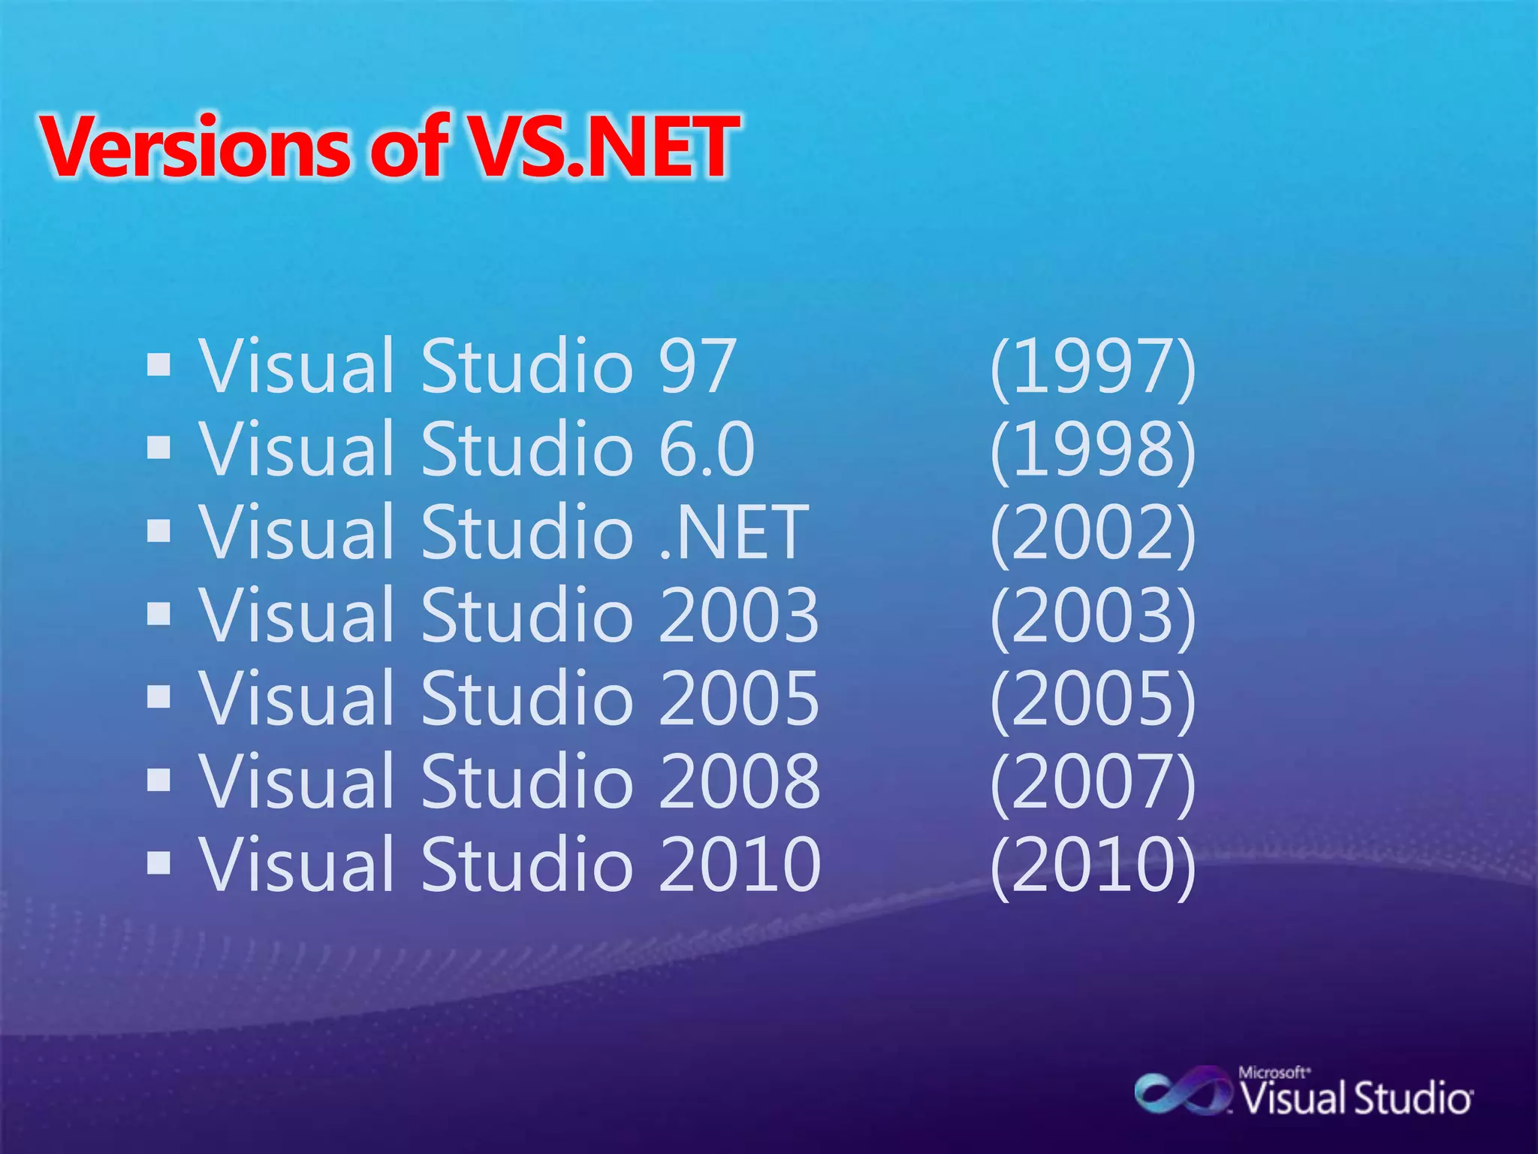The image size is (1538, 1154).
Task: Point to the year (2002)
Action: click(x=1093, y=533)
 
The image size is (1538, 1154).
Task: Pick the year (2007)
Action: click(x=1093, y=782)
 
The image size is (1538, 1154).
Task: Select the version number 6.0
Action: click(x=706, y=449)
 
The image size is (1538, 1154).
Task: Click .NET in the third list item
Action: click(x=733, y=533)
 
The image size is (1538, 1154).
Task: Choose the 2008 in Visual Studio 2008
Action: click(x=740, y=782)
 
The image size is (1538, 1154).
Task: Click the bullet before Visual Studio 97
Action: click(x=159, y=367)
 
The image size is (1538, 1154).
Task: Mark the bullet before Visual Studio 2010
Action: click(x=159, y=865)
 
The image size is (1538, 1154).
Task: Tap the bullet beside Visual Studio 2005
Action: click(x=159, y=698)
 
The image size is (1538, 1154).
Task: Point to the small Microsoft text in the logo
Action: click(x=1274, y=1073)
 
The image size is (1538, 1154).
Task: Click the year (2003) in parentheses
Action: click(x=1093, y=615)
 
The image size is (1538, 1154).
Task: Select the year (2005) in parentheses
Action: click(x=1093, y=699)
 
